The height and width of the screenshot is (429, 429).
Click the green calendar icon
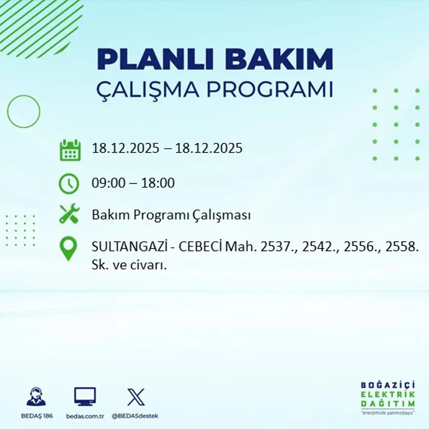70,150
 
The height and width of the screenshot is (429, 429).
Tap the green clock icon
69,184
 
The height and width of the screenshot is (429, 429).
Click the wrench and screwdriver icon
69,214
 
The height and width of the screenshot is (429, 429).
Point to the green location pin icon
68,248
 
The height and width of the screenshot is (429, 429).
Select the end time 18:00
158,184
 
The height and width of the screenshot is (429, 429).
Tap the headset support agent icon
36,396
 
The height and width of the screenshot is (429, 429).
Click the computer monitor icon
85,396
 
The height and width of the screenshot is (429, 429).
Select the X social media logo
136,397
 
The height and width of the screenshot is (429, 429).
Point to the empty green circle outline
23,112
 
